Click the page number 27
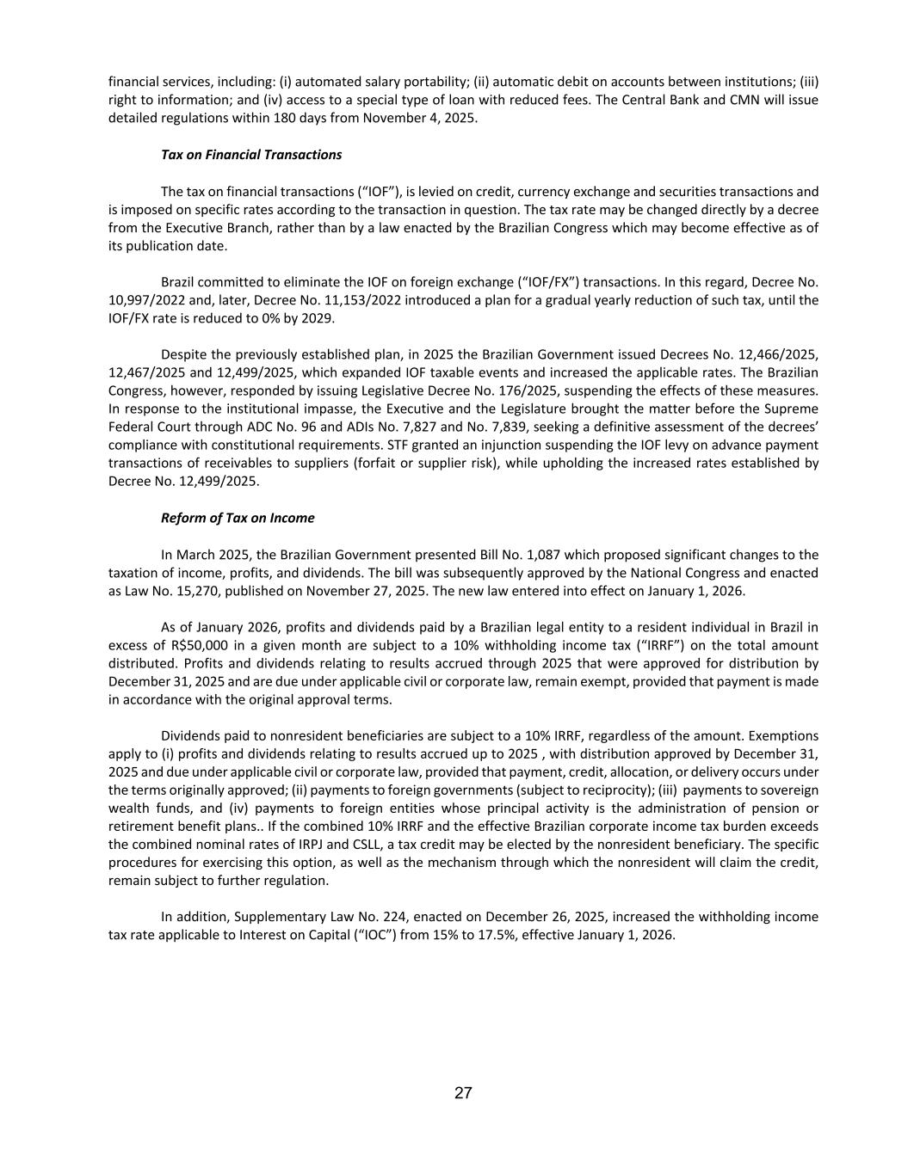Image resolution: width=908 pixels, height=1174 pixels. pos(463,1093)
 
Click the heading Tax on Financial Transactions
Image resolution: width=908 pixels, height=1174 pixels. pos(251,155)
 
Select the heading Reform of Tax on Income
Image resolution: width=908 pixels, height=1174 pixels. pos(238,518)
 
